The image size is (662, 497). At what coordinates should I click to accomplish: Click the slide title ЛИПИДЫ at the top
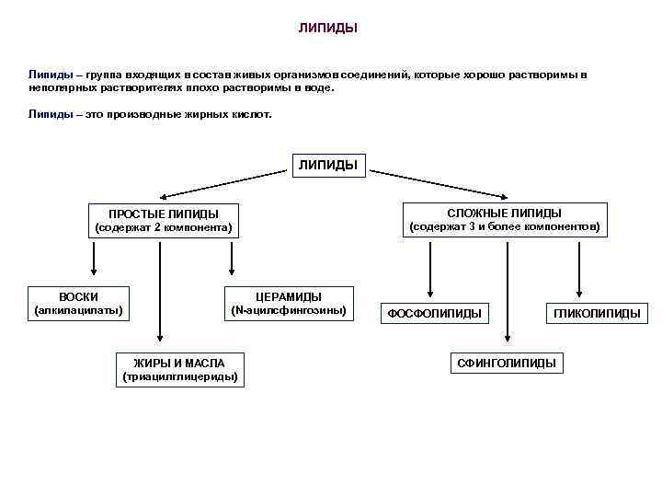(x=327, y=28)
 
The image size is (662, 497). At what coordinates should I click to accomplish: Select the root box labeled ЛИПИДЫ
(x=328, y=166)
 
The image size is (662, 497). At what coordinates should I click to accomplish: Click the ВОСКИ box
(x=78, y=303)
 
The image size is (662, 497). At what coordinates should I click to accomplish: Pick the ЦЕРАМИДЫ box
(x=288, y=303)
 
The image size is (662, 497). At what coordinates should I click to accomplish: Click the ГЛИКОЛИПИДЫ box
(x=597, y=314)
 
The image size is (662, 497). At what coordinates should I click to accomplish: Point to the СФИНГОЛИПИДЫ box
(x=507, y=363)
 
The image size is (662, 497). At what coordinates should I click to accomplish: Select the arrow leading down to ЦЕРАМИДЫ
(x=230, y=258)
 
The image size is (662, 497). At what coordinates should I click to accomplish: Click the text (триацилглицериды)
(x=180, y=376)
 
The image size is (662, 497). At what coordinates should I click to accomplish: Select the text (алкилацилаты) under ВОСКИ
(x=78, y=310)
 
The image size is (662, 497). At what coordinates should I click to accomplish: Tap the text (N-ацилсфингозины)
(x=288, y=310)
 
